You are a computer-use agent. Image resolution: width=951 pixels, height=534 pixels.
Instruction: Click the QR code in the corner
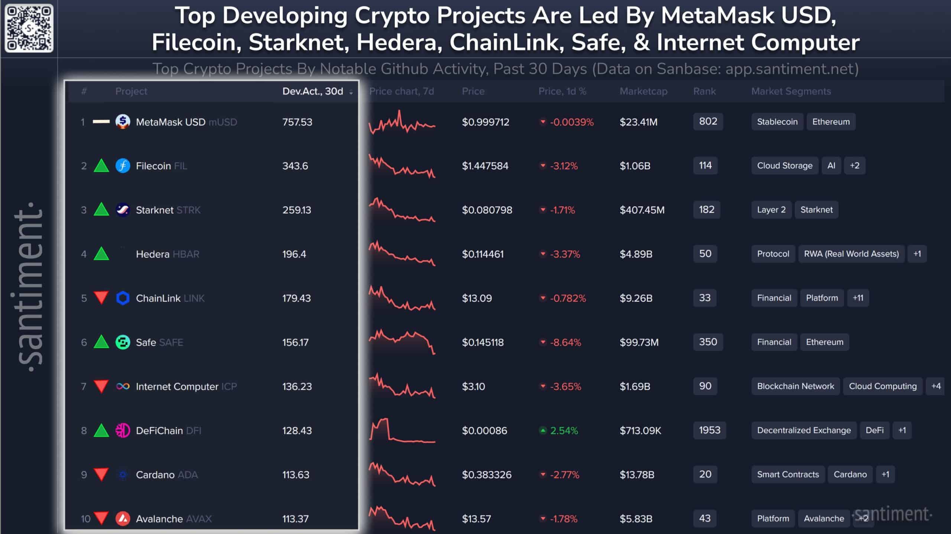tap(29, 28)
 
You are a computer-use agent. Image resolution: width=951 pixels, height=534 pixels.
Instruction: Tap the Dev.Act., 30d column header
tap(313, 91)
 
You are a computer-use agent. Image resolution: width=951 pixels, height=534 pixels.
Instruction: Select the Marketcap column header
tap(643, 91)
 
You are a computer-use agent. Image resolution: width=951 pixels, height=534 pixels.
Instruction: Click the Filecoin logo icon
tap(123, 166)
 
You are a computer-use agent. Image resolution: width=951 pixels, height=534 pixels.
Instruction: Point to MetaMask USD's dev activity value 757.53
tap(297, 122)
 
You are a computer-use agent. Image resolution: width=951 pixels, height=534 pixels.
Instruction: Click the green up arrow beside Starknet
tap(101, 209)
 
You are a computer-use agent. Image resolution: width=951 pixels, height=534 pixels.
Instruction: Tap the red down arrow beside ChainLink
tap(101, 298)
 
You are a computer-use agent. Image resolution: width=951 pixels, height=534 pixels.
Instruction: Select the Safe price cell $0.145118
tap(483, 342)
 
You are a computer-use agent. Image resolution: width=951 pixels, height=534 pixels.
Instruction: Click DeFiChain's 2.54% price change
tap(564, 430)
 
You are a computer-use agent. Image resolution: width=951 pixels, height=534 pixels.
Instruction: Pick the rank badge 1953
tap(709, 430)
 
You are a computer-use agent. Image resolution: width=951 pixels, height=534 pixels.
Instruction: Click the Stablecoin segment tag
tap(777, 122)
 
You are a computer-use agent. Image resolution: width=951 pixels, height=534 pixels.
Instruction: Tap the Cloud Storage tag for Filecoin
tap(785, 166)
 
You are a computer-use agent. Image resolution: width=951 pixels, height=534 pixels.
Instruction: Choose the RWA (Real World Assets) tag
tap(851, 254)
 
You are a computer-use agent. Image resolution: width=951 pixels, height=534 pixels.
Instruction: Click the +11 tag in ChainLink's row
tap(858, 298)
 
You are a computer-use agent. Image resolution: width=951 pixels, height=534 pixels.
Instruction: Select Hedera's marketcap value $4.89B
tap(636, 254)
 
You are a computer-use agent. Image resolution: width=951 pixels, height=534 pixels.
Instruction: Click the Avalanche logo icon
tap(123, 518)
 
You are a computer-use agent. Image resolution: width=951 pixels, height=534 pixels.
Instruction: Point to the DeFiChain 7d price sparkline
tap(402, 430)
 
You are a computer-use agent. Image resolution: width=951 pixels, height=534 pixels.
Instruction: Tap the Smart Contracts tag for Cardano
tap(788, 474)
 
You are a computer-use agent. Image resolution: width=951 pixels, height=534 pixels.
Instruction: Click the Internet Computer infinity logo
tap(123, 386)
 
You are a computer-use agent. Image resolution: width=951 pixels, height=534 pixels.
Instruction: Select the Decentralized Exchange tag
tap(804, 430)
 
